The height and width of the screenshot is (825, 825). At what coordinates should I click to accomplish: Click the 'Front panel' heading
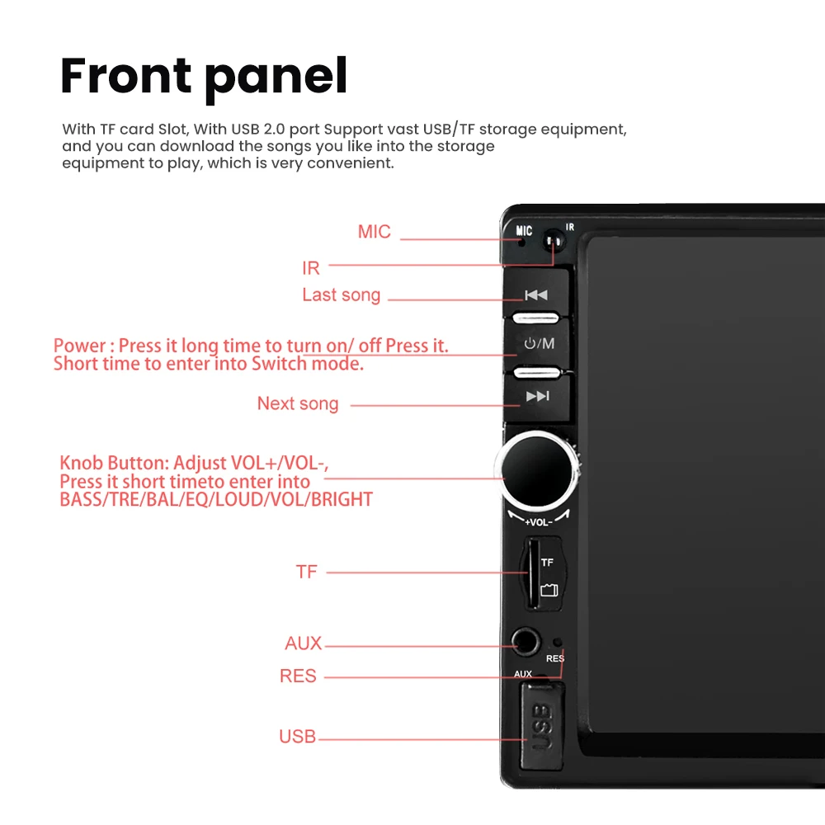coord(204,77)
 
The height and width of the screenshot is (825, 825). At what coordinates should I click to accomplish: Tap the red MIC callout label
coord(374,232)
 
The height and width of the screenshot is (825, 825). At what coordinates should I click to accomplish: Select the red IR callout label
coord(311,268)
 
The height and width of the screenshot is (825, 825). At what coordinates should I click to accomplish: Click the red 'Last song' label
coord(341,295)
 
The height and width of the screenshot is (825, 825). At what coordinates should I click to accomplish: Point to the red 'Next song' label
coord(298,403)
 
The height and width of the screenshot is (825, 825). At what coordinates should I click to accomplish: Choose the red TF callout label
coord(307,572)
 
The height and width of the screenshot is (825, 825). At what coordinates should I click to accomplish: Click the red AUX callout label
coord(303,643)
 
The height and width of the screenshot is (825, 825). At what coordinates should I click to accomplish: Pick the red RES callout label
coord(298,676)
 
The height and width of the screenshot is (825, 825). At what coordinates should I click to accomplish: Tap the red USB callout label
coord(297,737)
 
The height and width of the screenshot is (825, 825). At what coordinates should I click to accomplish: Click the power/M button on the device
coord(538,344)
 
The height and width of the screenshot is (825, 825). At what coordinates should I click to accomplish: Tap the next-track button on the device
coord(538,397)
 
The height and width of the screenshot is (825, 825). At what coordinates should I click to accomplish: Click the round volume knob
coord(537,470)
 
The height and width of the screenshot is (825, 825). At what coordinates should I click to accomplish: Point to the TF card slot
coord(533,573)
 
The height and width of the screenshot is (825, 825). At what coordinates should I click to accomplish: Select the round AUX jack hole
coord(526,642)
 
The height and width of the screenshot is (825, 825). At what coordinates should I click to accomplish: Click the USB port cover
coord(543,726)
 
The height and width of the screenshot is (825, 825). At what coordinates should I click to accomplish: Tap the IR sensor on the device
coord(553,241)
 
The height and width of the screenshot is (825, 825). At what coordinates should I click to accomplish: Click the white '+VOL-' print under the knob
coord(538,522)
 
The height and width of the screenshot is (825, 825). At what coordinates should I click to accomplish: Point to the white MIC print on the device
coord(524,230)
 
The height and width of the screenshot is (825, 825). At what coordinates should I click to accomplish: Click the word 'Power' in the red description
coord(80,346)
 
